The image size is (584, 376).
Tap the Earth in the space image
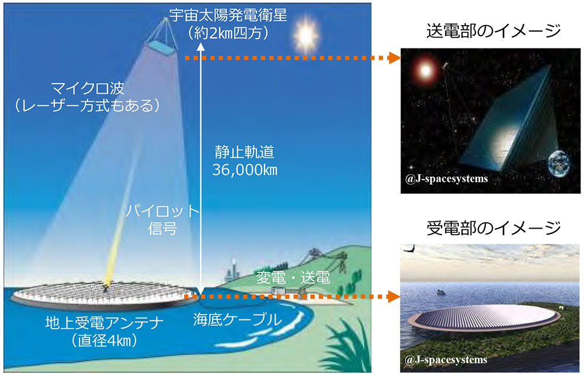[561, 166]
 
